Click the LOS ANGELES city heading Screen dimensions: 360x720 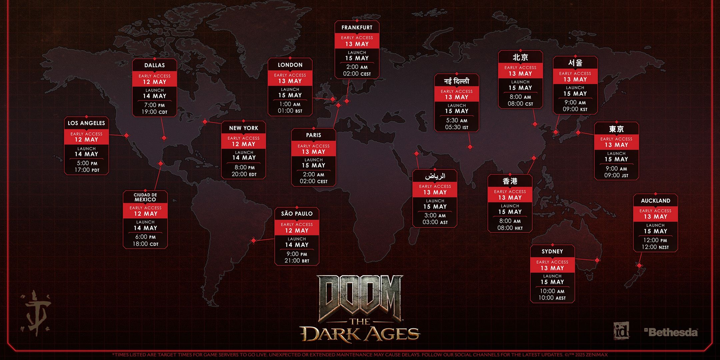tap(86, 123)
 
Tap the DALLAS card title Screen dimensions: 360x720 tap(154, 65)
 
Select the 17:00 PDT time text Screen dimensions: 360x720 tap(87, 170)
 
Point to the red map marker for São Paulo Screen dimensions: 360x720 tap(254, 240)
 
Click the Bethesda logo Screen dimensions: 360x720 tap(671, 332)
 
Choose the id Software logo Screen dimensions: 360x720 tap(621, 331)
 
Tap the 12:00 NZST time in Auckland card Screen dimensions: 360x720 tap(655, 247)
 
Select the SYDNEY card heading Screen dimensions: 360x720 tap(552, 251)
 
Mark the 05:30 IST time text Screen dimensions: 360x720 tap(456, 127)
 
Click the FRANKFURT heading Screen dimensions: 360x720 tap(357, 28)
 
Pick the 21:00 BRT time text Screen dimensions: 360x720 tap(297, 261)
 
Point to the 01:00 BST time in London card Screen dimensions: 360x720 tap(290, 111)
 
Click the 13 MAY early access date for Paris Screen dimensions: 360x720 tap(313, 152)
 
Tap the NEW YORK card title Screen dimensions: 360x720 tap(243, 128)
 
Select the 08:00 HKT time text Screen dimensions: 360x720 tap(510, 228)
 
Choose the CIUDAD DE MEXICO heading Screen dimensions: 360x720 tap(145, 197)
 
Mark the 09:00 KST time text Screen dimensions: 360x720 tap(575, 109)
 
